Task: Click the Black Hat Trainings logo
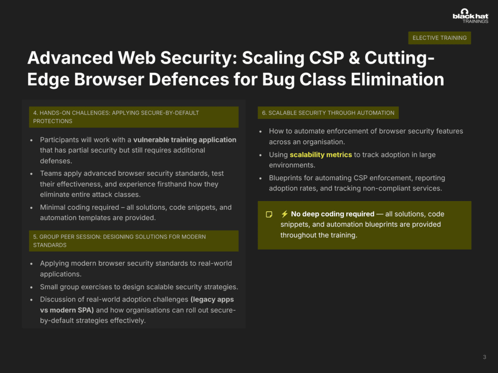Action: click(470, 16)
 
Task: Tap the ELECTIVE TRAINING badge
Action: click(440, 38)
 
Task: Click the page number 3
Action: click(484, 357)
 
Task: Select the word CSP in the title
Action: click(327, 58)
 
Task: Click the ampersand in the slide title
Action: click(355, 58)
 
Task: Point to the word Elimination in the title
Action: click(397, 79)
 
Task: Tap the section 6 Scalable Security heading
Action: click(328, 113)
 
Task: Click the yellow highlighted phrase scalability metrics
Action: click(321, 155)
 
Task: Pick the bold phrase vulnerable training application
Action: click(185, 140)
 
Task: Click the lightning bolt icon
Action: click(285, 214)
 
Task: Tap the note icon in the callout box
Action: click(269, 214)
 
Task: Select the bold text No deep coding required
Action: click(333, 214)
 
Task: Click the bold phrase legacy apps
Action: click(212, 299)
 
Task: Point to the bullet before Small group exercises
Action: click(32, 288)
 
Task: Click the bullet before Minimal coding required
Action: click(32, 208)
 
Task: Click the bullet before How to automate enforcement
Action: click(261, 132)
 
